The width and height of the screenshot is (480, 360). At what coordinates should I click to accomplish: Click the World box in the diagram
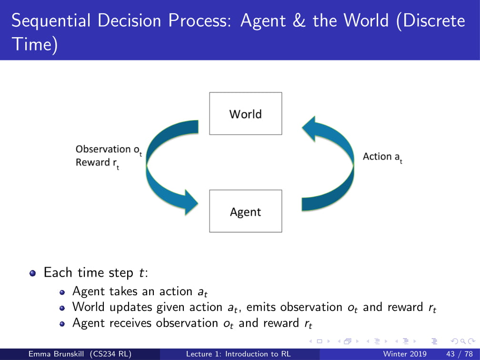tap(246, 113)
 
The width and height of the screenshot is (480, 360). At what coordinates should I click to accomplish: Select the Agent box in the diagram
tap(246, 211)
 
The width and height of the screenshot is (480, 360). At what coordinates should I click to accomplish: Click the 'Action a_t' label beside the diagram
tap(382, 157)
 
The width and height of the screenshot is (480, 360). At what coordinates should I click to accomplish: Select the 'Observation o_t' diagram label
tap(108, 150)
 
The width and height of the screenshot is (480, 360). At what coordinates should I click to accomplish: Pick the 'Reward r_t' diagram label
tap(97, 163)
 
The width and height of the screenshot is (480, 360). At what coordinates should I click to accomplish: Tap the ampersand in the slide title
tap(300, 21)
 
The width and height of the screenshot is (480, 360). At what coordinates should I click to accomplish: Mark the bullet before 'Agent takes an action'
tap(63, 291)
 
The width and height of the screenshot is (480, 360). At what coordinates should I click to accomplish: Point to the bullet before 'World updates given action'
tap(63, 308)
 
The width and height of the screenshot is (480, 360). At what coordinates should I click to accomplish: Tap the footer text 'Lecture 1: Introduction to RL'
tap(238, 354)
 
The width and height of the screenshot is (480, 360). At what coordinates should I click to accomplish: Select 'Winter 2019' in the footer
tap(405, 354)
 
